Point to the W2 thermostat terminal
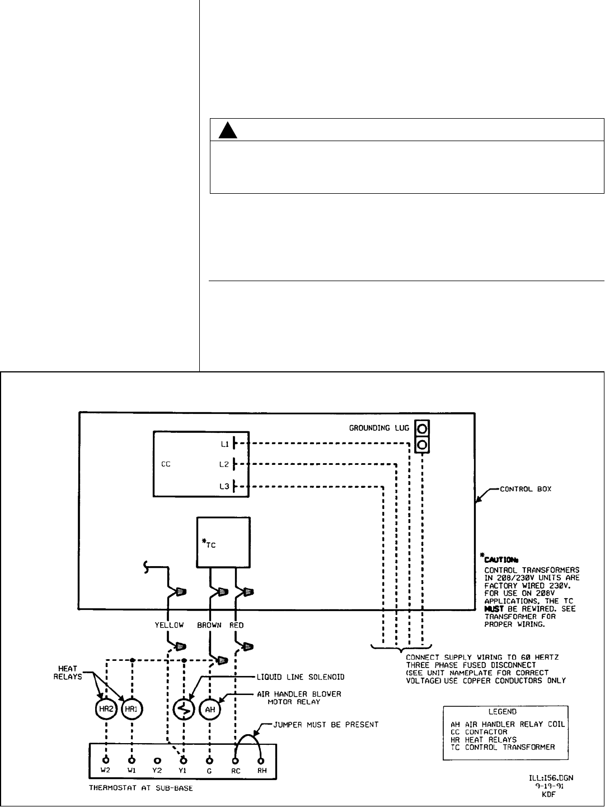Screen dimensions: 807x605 click(106, 761)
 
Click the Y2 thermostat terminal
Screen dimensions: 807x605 click(157, 761)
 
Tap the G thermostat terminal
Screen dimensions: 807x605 click(209, 761)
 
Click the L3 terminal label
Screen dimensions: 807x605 click(224, 487)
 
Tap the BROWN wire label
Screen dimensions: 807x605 click(209, 625)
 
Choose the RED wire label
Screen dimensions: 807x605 click(237, 625)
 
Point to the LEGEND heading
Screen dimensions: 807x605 click(504, 712)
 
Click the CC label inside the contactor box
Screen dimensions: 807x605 click(166, 464)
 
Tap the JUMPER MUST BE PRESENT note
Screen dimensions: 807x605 click(326, 724)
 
